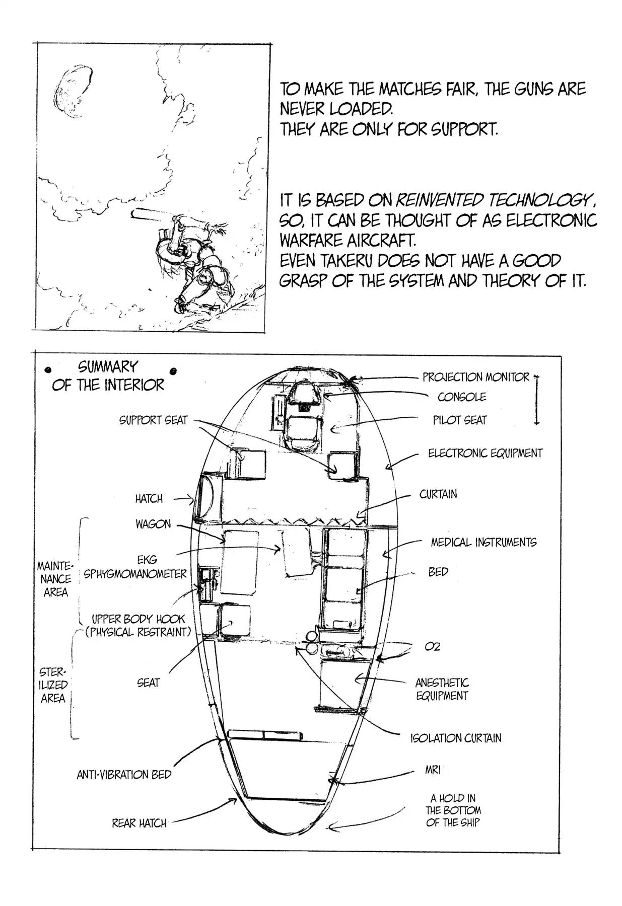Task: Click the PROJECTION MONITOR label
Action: point(475,377)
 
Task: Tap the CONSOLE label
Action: point(461,397)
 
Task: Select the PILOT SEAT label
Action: point(460,420)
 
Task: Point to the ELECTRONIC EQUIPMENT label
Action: point(485,453)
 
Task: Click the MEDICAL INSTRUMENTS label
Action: point(483,542)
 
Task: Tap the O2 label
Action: point(433,647)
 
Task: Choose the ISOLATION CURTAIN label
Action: point(456,738)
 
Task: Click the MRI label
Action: point(433,770)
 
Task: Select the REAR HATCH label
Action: point(139,823)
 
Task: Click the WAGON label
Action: point(153,524)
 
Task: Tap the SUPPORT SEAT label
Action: point(153,420)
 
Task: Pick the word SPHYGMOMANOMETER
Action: point(135,574)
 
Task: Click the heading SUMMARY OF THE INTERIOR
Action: point(108,376)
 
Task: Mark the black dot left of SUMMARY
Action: point(49,370)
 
